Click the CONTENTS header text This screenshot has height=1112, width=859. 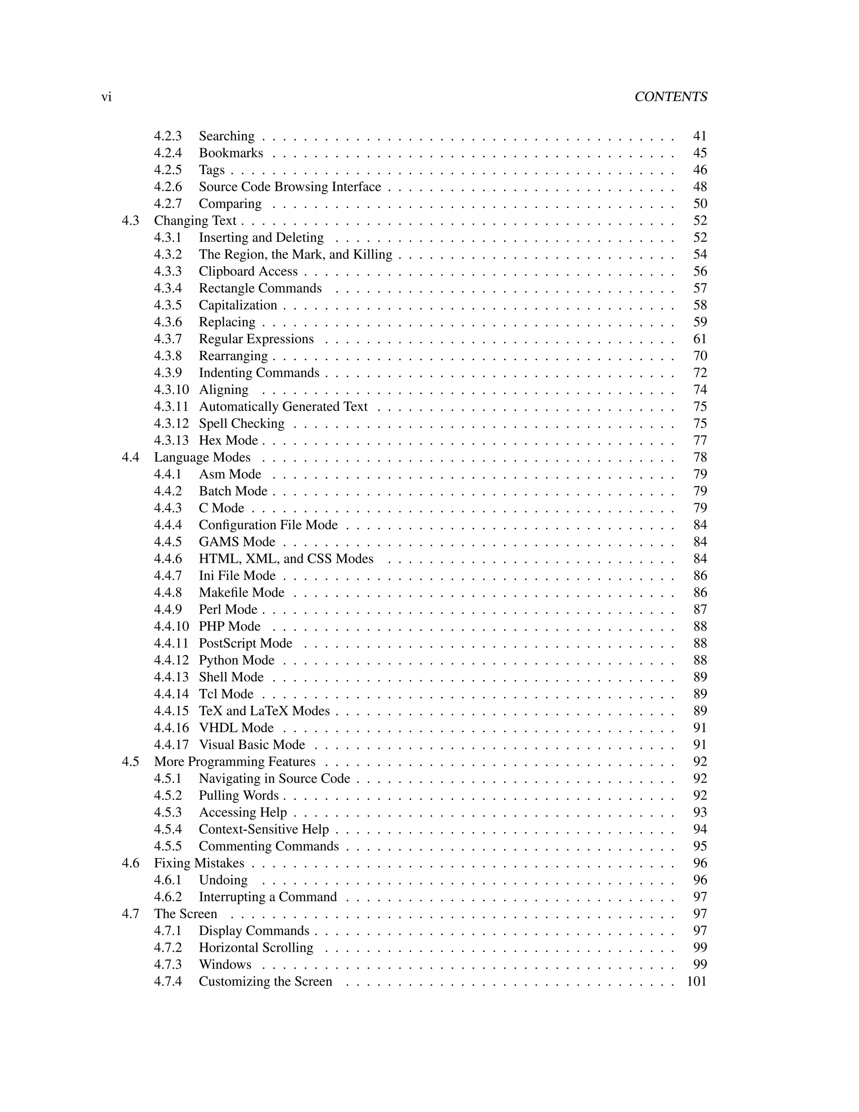[670, 97]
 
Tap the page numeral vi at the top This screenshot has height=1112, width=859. [107, 97]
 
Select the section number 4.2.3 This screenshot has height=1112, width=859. [168, 136]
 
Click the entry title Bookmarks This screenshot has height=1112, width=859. [231, 153]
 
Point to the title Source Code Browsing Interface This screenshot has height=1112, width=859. [289, 187]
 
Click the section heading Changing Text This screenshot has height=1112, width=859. [195, 220]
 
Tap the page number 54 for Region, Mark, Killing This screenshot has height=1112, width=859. [700, 255]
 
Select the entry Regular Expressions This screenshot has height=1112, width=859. [256, 339]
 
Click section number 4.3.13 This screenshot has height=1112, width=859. [171, 441]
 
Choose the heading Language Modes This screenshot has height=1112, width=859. [202, 457]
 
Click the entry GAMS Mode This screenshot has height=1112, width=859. [237, 542]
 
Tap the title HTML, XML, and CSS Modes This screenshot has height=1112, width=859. [286, 559]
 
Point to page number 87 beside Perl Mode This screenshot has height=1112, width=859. [700, 609]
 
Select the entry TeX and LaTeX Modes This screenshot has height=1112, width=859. [264, 711]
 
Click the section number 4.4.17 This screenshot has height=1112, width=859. [171, 745]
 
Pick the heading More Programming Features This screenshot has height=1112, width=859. [234, 762]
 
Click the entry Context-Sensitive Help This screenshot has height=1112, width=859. [263, 830]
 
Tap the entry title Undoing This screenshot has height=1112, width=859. [223, 880]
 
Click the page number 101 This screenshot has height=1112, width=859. [697, 981]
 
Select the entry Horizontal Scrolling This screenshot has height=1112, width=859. [256, 948]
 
